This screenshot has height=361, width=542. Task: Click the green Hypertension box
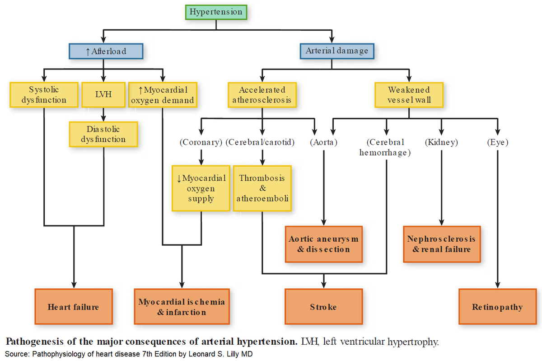click(216, 12)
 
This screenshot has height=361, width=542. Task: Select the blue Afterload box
click(106, 51)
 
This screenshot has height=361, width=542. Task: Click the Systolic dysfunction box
click(44, 94)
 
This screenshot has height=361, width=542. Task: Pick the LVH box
click(103, 95)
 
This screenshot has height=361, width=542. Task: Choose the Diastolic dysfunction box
click(103, 134)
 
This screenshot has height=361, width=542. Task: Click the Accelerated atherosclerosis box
click(262, 95)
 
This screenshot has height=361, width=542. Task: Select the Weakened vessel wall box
click(409, 95)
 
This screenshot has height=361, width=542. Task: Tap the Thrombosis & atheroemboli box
click(262, 188)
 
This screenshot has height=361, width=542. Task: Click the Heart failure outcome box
click(73, 307)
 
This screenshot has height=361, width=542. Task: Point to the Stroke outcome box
click(323, 307)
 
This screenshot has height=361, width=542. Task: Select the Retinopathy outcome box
click(497, 307)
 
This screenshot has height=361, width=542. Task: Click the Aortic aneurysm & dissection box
click(323, 244)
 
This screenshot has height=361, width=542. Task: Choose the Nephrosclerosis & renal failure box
click(441, 244)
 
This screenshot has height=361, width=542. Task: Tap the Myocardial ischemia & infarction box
click(182, 307)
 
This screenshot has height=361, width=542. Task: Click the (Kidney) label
click(441, 142)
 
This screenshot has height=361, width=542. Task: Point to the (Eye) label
click(497, 142)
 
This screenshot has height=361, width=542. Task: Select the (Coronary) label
click(201, 142)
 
